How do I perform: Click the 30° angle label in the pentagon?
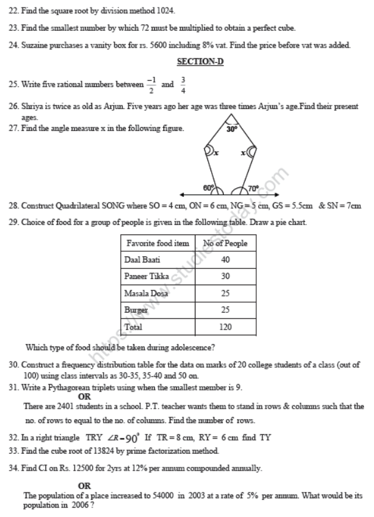232,129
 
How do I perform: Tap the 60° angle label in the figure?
208,187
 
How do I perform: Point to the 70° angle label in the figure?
252,187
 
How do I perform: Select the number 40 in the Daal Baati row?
226,259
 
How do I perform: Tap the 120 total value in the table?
226,327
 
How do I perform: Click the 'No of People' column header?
226,243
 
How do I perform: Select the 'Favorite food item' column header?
158,243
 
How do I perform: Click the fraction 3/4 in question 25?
183,84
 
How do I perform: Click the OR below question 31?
84,396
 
